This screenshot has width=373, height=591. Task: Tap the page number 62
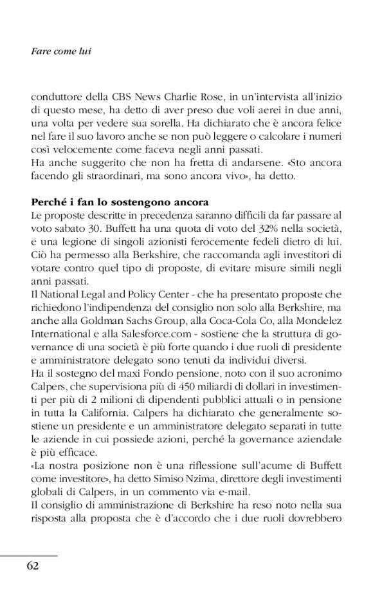[x=33, y=566]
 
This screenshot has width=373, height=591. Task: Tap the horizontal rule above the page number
[x=28, y=555]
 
